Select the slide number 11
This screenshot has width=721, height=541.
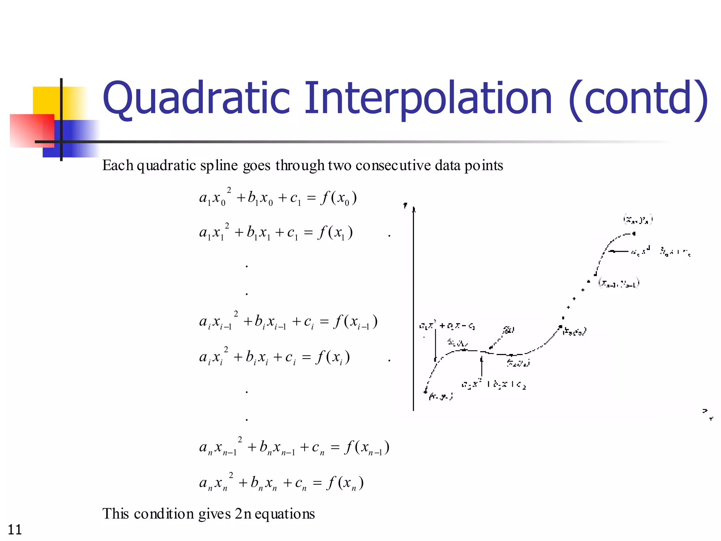tap(15, 529)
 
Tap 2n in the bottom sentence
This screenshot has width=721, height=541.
tap(243, 514)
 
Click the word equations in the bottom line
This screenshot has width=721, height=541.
tap(285, 514)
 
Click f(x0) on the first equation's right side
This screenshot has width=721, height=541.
tap(338, 198)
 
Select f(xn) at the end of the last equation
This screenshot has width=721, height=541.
tap(345, 483)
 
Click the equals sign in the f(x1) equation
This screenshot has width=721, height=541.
tap(308, 233)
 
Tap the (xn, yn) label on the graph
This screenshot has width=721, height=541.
tap(638, 220)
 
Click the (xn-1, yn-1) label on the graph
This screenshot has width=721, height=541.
tap(619, 283)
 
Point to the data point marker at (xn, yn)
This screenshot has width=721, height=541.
tap(634, 233)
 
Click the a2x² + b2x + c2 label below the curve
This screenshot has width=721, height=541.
tap(494, 384)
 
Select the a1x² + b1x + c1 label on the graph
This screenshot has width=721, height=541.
tap(447, 326)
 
